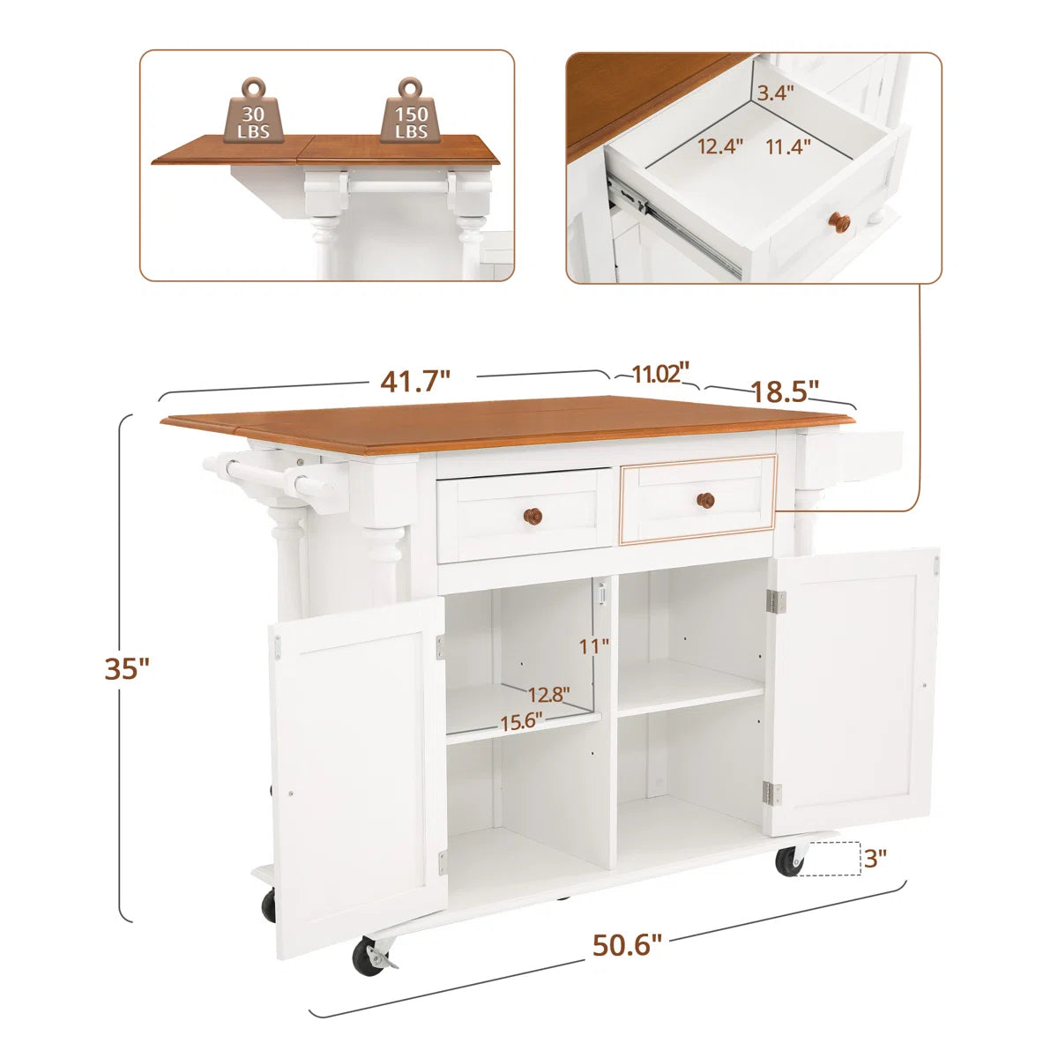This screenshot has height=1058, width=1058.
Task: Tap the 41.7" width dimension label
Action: click(x=415, y=382)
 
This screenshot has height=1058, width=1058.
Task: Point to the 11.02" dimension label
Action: click(x=659, y=373)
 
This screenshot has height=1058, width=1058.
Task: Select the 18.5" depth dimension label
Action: click(x=784, y=391)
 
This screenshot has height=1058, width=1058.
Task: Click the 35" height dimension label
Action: click(x=127, y=668)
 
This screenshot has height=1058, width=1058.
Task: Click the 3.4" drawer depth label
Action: click(x=775, y=93)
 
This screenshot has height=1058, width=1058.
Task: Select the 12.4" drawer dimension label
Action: click(x=720, y=146)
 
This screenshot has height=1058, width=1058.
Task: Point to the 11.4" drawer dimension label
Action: click(x=788, y=146)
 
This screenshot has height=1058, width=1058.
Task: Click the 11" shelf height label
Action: click(x=594, y=647)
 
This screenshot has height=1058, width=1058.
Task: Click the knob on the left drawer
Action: click(x=533, y=516)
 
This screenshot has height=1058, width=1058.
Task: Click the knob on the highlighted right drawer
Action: click(x=705, y=500)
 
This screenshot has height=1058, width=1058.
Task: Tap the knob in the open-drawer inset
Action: click(x=839, y=222)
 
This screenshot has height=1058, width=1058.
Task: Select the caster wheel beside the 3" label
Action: click(x=789, y=861)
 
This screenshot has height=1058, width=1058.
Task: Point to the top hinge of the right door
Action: click(x=776, y=602)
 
